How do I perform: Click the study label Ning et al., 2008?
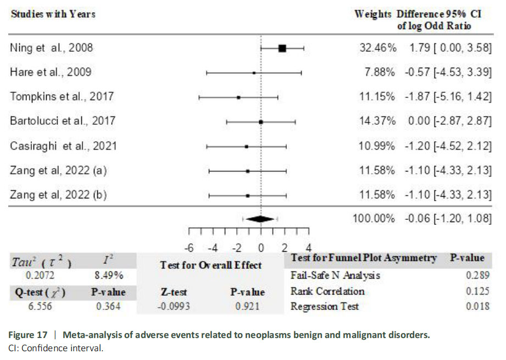tap(52, 48)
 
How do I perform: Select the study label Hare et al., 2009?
tap(51, 72)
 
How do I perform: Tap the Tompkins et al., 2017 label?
tap(62, 96)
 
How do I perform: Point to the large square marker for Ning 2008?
tap(282, 48)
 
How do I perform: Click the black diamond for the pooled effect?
tap(260, 218)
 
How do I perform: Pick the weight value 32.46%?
tap(377, 48)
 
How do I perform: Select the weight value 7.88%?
tap(381, 72)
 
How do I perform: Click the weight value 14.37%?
tap(377, 121)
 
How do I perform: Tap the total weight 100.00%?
tap(374, 218)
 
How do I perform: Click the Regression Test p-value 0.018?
tap(477, 306)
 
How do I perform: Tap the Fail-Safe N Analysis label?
tap(335, 275)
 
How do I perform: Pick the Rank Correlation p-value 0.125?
tap(477, 291)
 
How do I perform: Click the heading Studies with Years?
tap(53, 14)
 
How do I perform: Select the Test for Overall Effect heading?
tap(211, 265)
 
